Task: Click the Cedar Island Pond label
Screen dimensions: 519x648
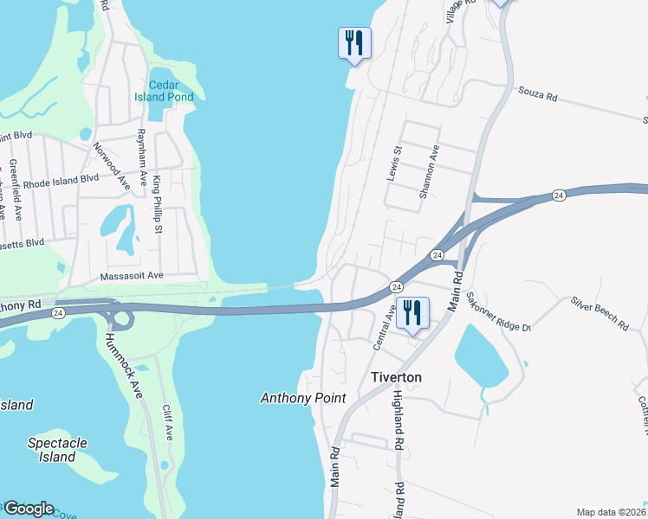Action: pos(171,91)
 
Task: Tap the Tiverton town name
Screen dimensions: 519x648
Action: pos(396,378)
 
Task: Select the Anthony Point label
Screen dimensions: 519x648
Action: pos(303,399)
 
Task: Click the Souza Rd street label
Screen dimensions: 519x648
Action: pos(537,93)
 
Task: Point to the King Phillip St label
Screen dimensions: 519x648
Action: pos(158,204)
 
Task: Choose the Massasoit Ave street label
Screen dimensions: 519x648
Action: pos(132,275)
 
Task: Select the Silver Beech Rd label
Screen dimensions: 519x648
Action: pos(599,314)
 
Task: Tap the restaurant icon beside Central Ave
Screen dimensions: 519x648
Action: pos(413,313)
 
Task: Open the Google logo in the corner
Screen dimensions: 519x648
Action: pos(29,509)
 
